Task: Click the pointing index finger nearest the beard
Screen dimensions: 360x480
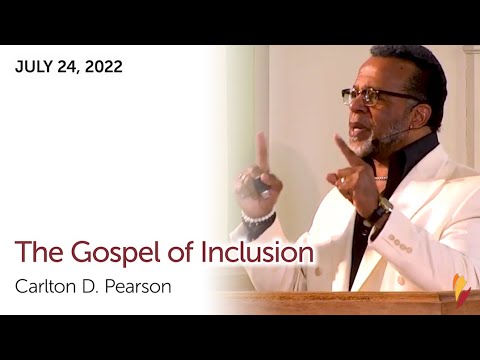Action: tap(343, 151)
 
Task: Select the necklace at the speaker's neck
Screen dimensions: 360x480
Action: tap(382, 177)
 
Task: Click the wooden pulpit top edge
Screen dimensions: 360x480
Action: tap(340, 297)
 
